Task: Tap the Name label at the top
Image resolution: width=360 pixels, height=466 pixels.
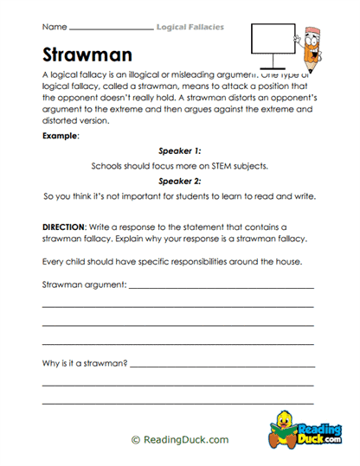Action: tap(54, 27)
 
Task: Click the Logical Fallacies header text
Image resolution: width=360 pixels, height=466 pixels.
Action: tap(190, 27)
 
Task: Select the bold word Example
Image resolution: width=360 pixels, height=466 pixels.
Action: tap(60, 137)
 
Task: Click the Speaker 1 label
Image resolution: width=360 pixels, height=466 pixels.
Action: tap(180, 150)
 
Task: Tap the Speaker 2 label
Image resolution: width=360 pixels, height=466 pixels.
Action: tap(180, 181)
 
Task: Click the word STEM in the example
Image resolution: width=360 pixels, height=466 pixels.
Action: tap(225, 165)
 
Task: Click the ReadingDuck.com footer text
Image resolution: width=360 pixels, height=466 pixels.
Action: tap(186, 439)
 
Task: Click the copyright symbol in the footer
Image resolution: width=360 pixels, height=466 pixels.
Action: tap(135, 439)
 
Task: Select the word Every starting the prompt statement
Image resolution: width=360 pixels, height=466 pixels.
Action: tap(53, 261)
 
